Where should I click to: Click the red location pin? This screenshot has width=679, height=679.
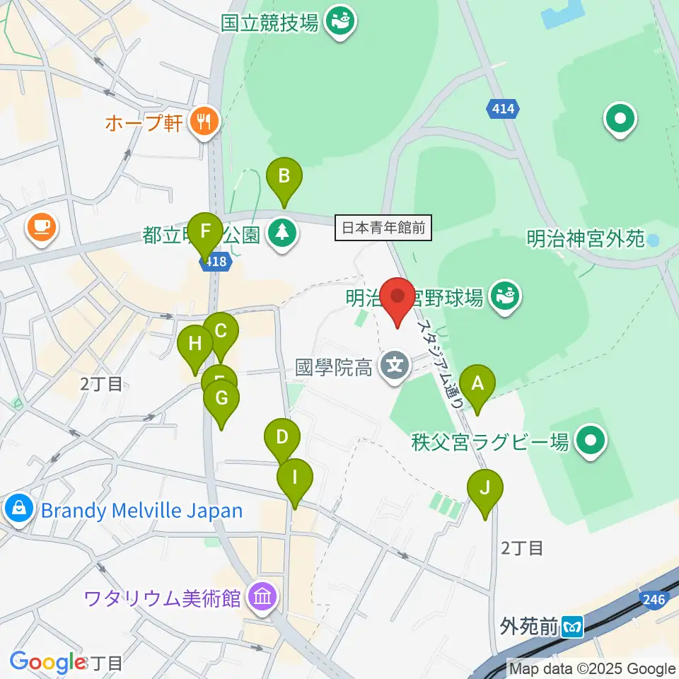[397, 301]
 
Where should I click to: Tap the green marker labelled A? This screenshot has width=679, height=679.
[477, 386]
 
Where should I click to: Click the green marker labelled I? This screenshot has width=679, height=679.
[295, 480]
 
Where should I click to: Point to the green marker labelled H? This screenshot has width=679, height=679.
[195, 347]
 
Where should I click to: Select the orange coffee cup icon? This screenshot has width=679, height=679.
[41, 228]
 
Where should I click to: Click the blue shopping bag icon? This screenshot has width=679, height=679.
[19, 509]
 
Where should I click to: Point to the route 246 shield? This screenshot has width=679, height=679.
[654, 600]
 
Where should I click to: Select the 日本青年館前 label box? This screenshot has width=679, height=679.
[383, 228]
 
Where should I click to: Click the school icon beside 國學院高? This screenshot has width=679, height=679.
[393, 366]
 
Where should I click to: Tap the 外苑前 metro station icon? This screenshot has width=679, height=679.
[572, 625]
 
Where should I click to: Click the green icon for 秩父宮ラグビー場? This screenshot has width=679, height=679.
[590, 442]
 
